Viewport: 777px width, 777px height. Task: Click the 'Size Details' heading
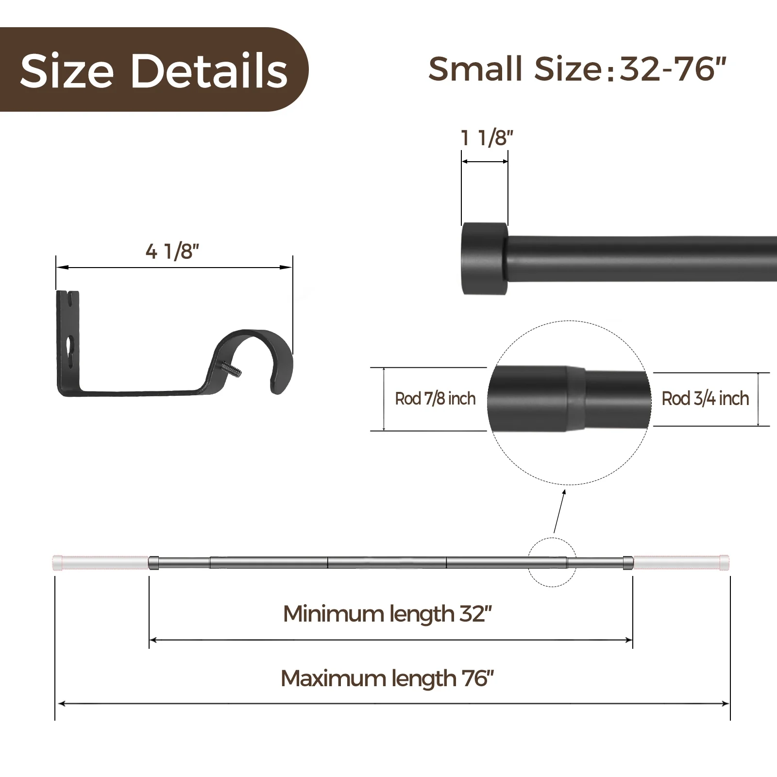pyautogui.click(x=154, y=70)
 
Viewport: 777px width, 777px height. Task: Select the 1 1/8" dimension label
pyautogui.click(x=487, y=138)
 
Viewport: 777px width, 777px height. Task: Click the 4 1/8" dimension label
pyautogui.click(x=172, y=252)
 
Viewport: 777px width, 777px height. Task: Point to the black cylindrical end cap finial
pyautogui.click(x=484, y=258)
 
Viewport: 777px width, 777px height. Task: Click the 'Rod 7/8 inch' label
pyautogui.click(x=435, y=399)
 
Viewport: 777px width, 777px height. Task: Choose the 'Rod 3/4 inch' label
pyautogui.click(x=705, y=399)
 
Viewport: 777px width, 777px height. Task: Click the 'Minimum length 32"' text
pyautogui.click(x=387, y=614)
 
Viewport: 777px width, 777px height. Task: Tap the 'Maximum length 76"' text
pyautogui.click(x=387, y=678)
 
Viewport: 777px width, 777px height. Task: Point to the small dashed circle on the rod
pyautogui.click(x=552, y=562)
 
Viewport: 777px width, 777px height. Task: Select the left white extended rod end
pyautogui.click(x=100, y=562)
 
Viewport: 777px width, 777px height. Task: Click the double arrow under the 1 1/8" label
pyautogui.click(x=485, y=162)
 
